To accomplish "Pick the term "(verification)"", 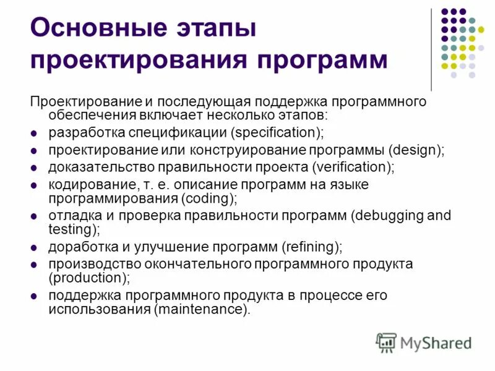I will click(353, 167).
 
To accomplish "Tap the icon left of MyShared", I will click(385, 343).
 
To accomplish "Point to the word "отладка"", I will click(71, 216).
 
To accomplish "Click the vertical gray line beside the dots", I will click(431, 49).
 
